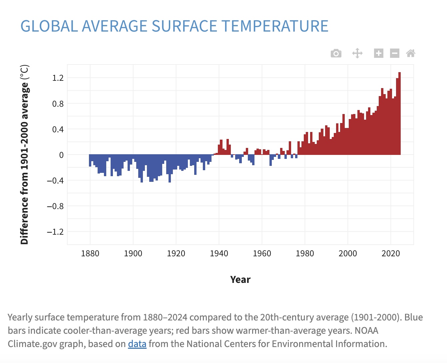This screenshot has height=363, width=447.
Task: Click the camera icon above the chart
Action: pyautogui.click(x=336, y=53)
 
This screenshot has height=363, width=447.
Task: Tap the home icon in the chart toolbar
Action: pyautogui.click(x=411, y=53)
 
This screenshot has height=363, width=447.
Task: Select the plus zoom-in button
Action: pyautogui.click(x=379, y=53)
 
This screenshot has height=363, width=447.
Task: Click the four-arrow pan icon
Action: pyautogui.click(x=357, y=53)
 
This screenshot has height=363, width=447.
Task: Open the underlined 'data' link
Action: pyautogui.click(x=137, y=344)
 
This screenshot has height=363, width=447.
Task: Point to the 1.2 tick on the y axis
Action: pyautogui.click(x=58, y=78)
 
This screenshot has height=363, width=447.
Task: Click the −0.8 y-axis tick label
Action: pyautogui.click(x=55, y=206)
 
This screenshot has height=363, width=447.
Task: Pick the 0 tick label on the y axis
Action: pyautogui.click(x=61, y=155)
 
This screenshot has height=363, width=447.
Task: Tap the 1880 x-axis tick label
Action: pyautogui.click(x=90, y=254)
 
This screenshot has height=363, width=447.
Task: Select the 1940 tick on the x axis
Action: pyautogui.click(x=219, y=254)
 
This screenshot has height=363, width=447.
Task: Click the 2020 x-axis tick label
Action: pyautogui.click(x=391, y=254)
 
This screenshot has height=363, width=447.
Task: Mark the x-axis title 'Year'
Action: pyautogui.click(x=240, y=280)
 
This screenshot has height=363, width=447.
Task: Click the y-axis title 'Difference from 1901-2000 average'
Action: pyautogui.click(x=25, y=155)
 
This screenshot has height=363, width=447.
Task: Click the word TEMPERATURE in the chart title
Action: pyautogui.click(x=275, y=26)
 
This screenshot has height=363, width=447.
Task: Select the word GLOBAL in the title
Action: pyautogui.click(x=49, y=26)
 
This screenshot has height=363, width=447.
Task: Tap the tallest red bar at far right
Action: pyautogui.click(x=399, y=113)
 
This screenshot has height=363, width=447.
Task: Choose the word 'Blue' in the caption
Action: pyautogui.click(x=413, y=317)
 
